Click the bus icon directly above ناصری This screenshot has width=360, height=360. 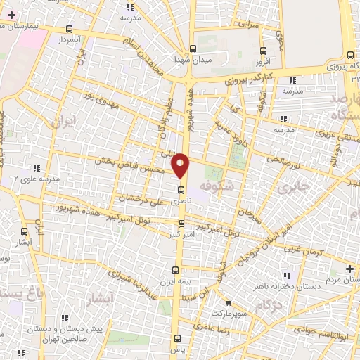tap(181, 189)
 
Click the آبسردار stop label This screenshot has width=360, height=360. tap(68, 40)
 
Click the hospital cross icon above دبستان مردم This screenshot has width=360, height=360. tap(349, 268)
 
